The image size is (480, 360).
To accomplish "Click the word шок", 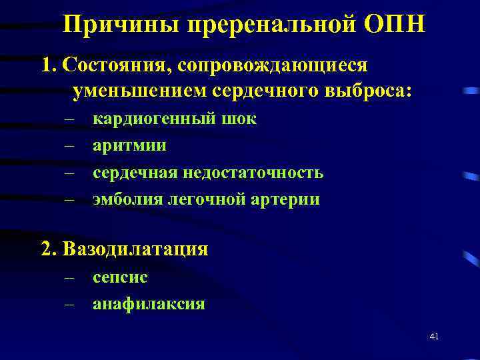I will pos(238,119).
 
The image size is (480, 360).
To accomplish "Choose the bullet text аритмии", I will pos(130,146).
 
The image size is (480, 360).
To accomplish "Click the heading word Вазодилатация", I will pos(135,249).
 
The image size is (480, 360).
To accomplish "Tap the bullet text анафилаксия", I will pos(149,305).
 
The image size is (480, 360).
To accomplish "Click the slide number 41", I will pos(433,337).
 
